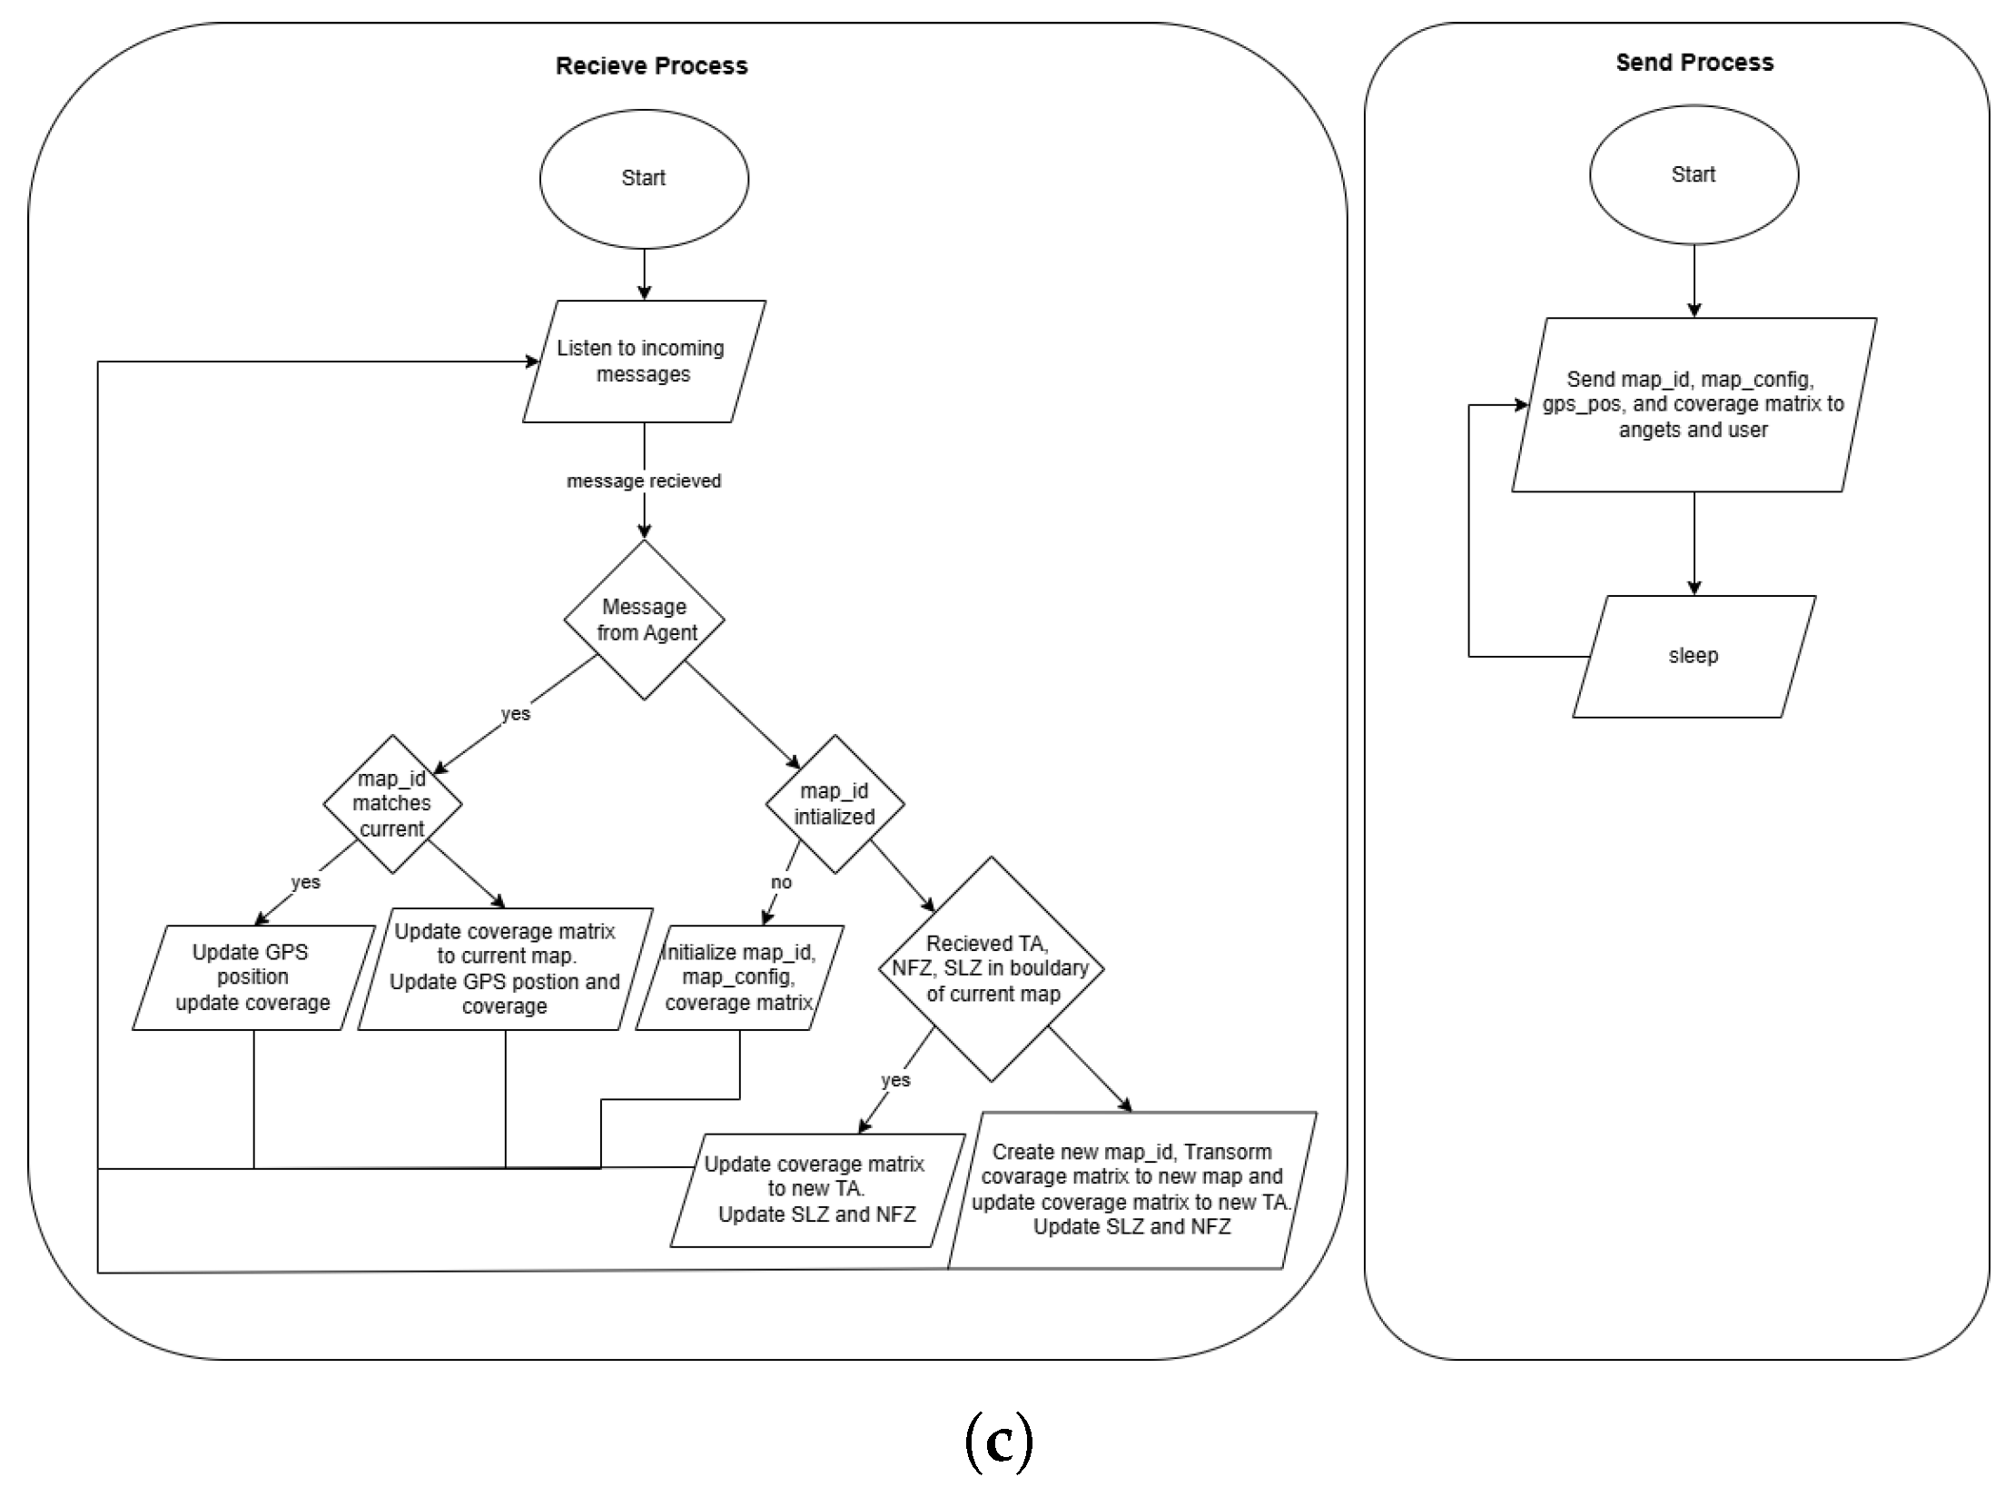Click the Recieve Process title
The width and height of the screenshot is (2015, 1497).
[x=651, y=65]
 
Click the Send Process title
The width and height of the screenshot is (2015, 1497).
[x=1694, y=62]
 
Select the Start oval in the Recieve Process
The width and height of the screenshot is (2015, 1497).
[x=644, y=179]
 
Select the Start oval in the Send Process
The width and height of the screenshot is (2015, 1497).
[x=1694, y=174]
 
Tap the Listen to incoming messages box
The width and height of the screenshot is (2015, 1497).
[x=644, y=362]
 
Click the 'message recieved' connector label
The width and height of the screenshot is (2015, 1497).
[x=644, y=481]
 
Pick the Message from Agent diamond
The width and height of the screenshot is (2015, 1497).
[x=644, y=620]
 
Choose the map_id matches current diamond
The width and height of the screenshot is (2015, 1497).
[x=392, y=804]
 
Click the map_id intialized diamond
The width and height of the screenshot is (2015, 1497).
[x=835, y=804]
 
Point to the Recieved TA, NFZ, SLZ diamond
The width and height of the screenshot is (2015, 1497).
[x=992, y=968]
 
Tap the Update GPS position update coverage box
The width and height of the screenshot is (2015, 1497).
[x=253, y=977]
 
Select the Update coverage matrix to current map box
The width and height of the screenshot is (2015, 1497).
[x=505, y=968]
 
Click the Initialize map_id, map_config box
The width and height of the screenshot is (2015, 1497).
[x=739, y=977]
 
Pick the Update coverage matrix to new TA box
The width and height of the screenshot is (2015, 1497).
[x=817, y=1190]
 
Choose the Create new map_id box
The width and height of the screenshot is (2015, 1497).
[x=1132, y=1190]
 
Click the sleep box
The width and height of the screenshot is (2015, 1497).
[x=1694, y=656]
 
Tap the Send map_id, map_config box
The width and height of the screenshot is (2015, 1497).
[x=1694, y=404]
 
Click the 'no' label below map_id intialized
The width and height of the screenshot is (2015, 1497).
[x=781, y=882]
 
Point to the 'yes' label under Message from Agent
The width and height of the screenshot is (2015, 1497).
[x=516, y=714]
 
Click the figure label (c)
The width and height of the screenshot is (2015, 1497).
[x=999, y=1442]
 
